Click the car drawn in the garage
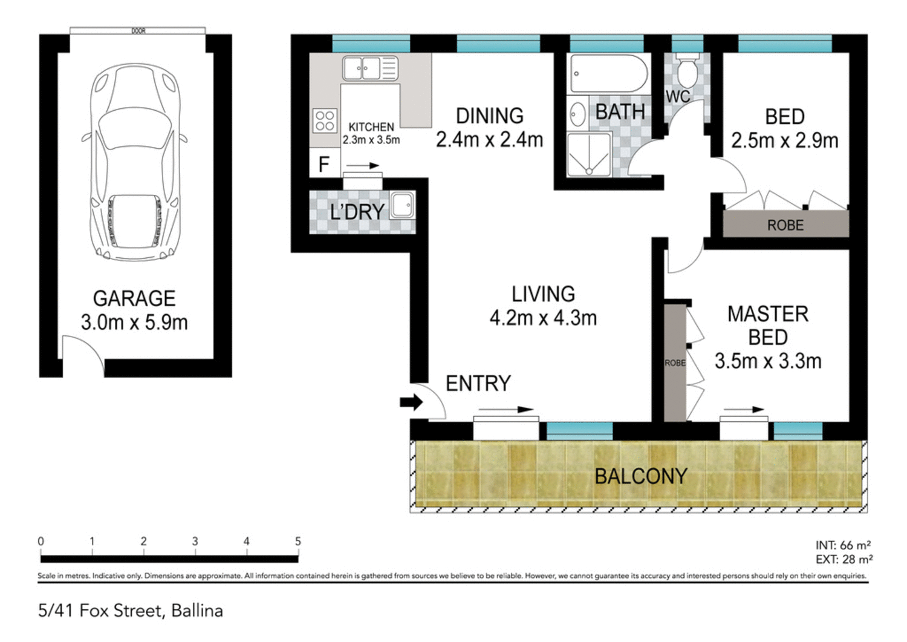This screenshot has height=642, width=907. pos(134,163)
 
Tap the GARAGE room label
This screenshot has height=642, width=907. pos(134,298)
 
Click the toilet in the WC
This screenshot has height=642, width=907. pos(687,71)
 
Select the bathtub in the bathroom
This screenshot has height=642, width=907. pos(608,74)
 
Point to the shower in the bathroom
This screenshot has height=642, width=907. pos(588,155)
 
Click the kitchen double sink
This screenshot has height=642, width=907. pos(370,68)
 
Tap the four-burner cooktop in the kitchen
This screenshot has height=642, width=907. pos(325,120)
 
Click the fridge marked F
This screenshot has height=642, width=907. pos(324,164)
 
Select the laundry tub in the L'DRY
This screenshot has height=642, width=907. pos(402,205)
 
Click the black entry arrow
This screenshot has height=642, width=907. pos(412,402)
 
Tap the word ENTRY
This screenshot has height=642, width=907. pos(478,383)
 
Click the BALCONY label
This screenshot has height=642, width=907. pos(640,476)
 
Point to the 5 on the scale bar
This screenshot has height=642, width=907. pos(297,542)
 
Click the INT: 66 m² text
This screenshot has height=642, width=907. pos(843,545)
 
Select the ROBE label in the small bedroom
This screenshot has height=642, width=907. pos(785,225)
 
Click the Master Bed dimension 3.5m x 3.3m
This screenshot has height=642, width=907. pos(768,361)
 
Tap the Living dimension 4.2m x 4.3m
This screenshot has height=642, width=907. pos(543,318)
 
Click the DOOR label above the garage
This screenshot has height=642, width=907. pos(138,31)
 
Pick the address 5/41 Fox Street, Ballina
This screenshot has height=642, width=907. pos(131,611)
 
